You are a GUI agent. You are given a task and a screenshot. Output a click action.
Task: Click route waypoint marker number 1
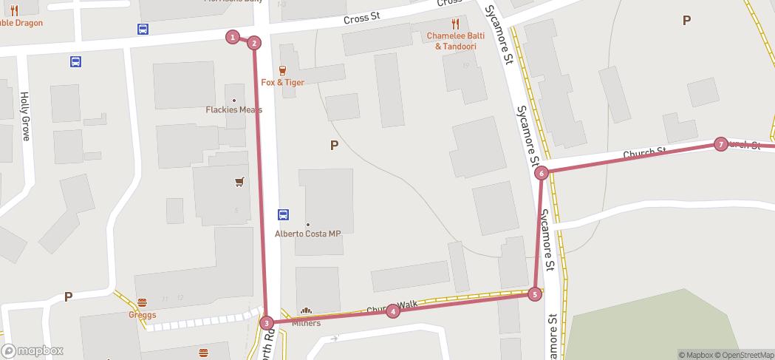coord(233,37)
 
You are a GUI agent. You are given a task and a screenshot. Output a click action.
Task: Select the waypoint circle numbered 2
coord(254,43)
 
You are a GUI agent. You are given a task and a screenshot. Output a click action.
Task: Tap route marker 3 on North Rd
coord(267,322)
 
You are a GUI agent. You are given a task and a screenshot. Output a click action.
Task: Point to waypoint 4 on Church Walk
coord(393,311)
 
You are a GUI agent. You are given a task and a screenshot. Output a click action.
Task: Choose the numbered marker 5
coord(536,294)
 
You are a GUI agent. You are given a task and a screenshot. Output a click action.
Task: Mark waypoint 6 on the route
coord(542,173)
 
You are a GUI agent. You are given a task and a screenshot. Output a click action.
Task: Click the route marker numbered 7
coord(721,144)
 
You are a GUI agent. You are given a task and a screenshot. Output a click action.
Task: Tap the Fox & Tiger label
coord(282,82)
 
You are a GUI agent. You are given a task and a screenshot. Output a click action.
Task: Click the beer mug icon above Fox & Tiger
coord(282,70)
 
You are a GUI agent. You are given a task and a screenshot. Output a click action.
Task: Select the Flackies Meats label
coord(233,110)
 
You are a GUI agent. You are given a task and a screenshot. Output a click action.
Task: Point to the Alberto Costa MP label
coord(307,234)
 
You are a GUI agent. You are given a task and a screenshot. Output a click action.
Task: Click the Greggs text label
coord(142,315)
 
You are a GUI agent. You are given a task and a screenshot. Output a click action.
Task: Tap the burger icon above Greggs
coord(142,302)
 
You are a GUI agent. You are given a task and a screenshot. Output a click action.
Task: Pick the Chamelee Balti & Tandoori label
coord(455,41)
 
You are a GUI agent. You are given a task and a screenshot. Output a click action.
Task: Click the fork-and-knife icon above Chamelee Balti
coord(455,24)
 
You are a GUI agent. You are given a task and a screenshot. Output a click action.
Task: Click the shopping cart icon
coord(239,182)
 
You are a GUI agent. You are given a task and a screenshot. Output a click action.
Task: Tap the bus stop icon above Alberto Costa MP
coord(283,215)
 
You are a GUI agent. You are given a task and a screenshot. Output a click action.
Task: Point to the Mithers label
coord(306,323)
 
